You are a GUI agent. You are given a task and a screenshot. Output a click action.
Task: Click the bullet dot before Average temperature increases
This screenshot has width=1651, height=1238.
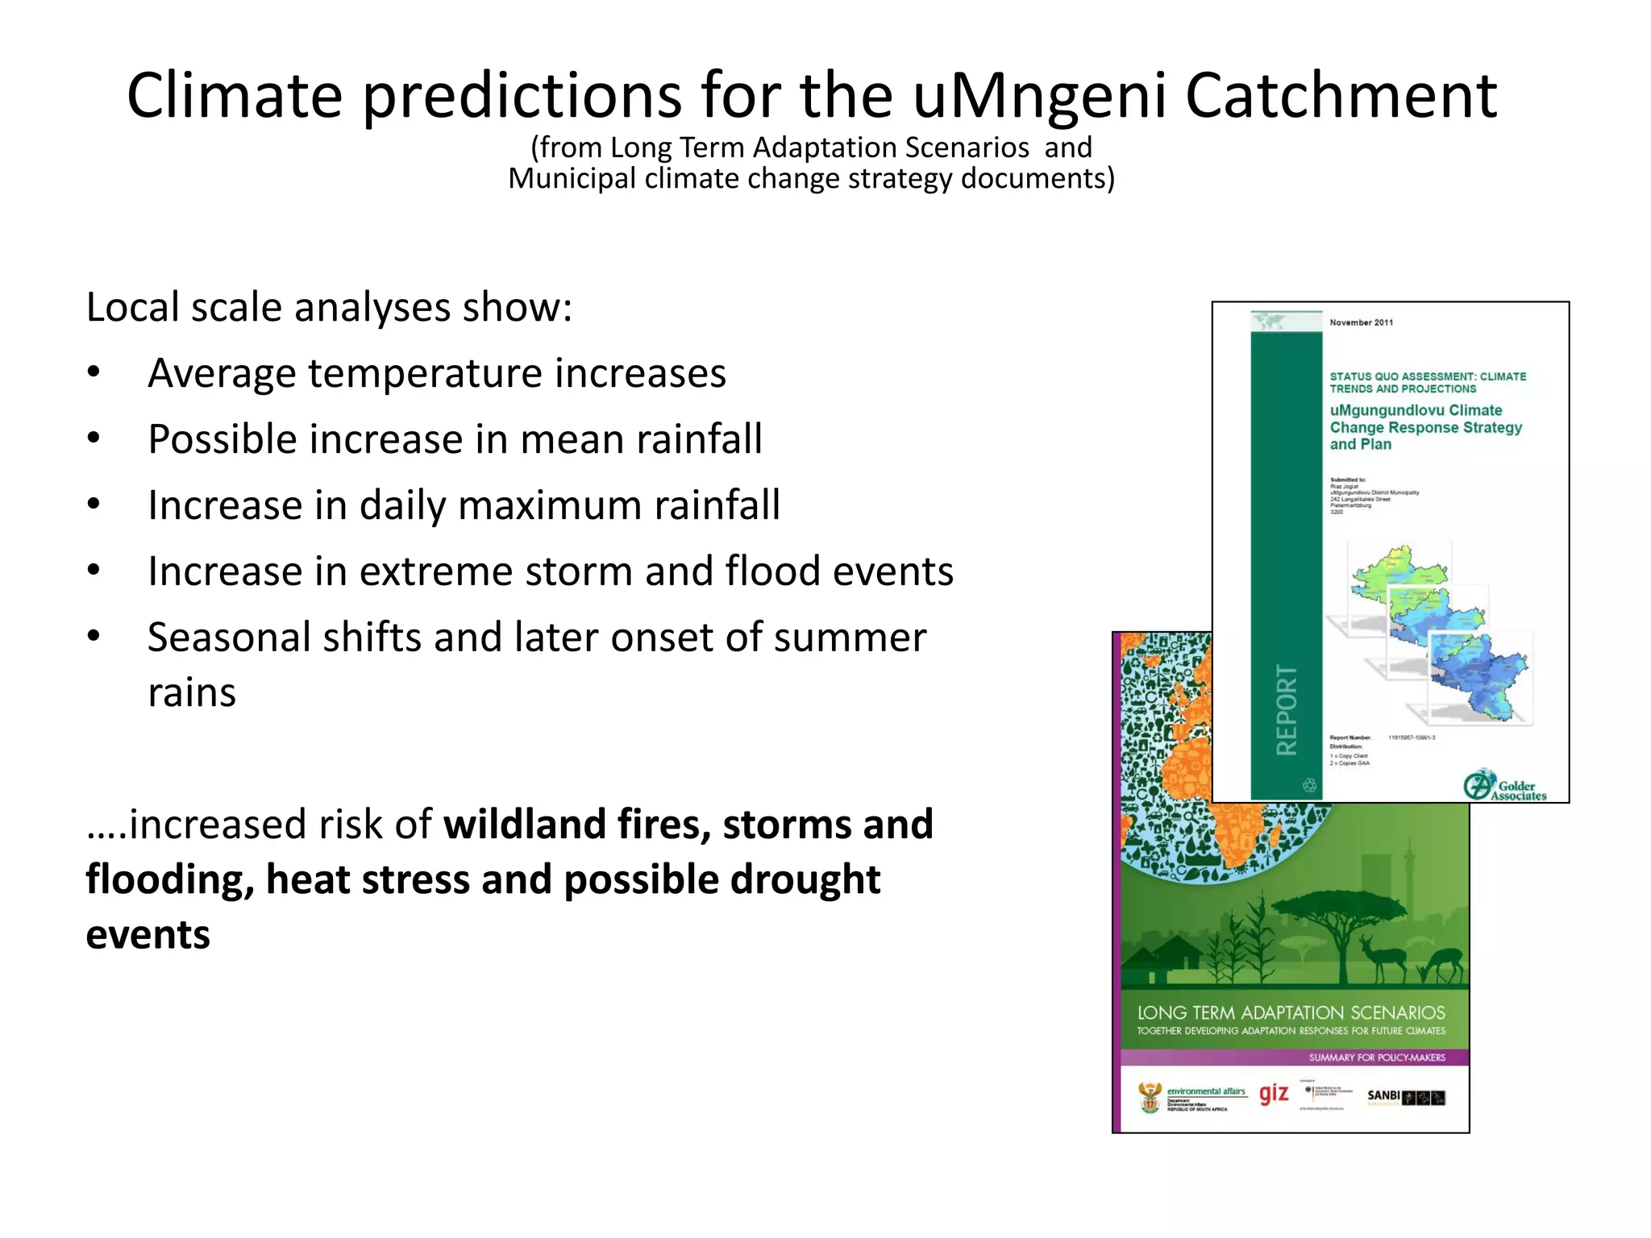[x=94, y=373]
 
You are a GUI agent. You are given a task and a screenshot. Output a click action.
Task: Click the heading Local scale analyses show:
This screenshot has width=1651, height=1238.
[x=329, y=307]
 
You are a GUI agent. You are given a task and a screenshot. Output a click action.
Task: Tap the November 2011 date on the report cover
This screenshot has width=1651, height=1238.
[x=1361, y=322]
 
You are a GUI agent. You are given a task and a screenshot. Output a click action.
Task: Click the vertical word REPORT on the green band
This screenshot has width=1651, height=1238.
[x=1287, y=709]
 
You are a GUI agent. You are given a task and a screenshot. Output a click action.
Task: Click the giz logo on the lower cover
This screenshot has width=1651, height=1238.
[x=1274, y=1094]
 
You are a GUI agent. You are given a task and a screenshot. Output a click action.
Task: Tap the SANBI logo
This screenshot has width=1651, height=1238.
[x=1405, y=1096]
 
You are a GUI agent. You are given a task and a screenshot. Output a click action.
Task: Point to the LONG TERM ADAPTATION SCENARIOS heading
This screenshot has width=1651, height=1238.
[x=1291, y=1012]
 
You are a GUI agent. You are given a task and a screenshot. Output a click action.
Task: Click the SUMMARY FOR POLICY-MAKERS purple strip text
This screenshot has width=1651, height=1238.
[x=1376, y=1057]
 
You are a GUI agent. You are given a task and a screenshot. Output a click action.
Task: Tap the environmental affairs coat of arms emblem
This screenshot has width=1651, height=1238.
[x=1150, y=1097]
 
